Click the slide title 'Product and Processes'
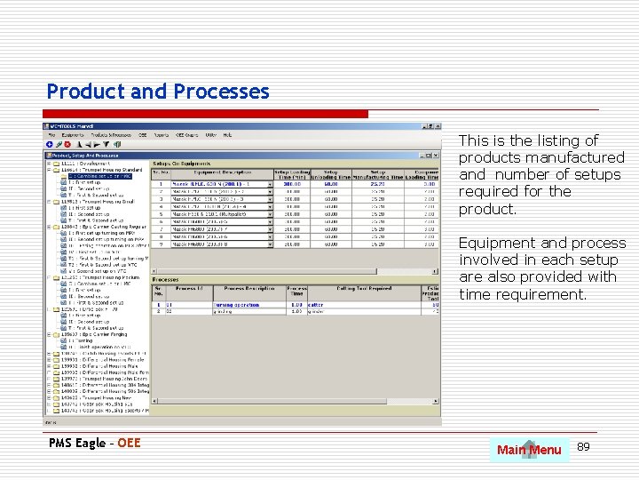(x=158, y=92)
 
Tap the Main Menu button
(x=529, y=450)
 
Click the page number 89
(x=583, y=445)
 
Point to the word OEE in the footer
(x=129, y=443)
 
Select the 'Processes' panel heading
(x=166, y=278)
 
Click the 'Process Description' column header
(x=248, y=289)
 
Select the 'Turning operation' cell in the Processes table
(x=236, y=305)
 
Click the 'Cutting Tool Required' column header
(x=363, y=289)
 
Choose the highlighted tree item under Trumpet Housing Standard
(x=100, y=176)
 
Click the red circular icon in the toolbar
(x=67, y=144)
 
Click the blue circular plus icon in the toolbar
(x=50, y=144)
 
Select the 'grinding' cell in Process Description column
(x=223, y=311)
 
